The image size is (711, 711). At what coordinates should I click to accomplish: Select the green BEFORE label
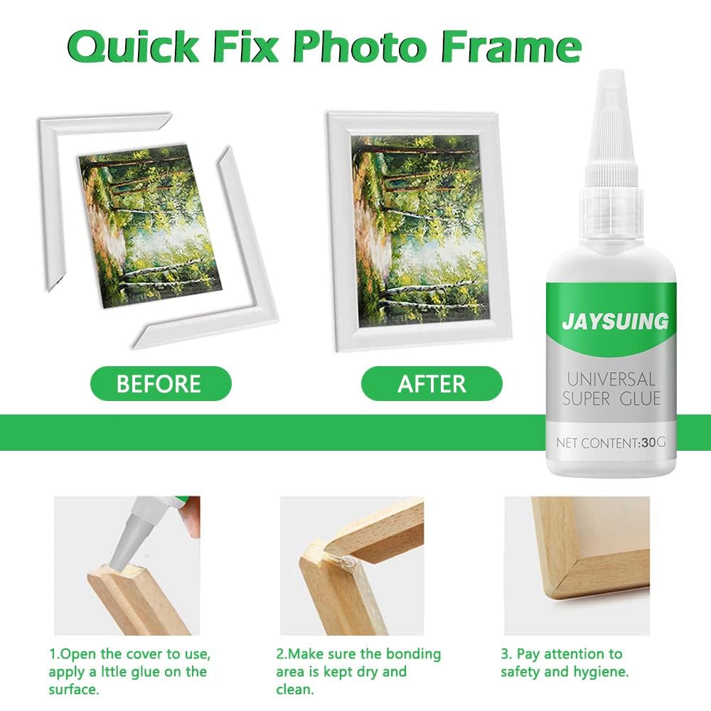click(159, 384)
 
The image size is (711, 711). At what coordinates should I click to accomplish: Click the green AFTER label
click(432, 384)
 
